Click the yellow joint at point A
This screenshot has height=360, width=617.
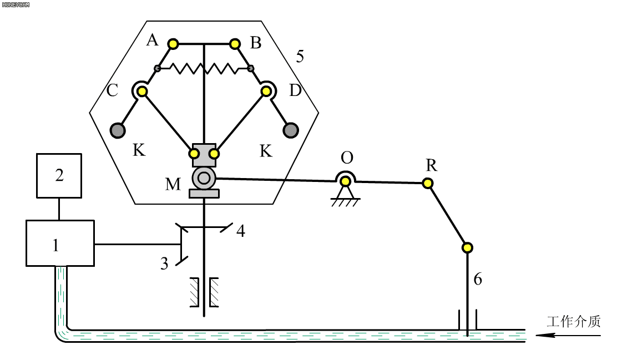coord(173,44)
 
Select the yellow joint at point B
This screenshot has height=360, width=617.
coord(235,44)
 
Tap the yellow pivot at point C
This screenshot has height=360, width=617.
coord(142,92)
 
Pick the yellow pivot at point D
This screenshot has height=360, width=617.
coord(266,92)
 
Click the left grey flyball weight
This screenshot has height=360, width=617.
coord(118,130)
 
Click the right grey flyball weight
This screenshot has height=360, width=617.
coord(291,130)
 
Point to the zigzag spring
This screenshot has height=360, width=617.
coord(204,68)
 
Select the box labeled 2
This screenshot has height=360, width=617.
coord(59,175)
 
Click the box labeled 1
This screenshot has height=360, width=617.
coord(60,243)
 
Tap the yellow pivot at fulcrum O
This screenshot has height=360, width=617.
coord(346,181)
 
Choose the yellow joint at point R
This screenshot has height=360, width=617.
coord(428,184)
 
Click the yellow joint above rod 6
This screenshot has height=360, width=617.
coord(467,248)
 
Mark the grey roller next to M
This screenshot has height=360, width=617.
coord(204,178)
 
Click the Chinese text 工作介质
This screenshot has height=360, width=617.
coord(574,321)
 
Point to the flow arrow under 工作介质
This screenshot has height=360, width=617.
coord(568,336)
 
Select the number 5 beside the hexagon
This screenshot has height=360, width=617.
coord(300,57)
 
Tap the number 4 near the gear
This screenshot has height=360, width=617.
coord(241,231)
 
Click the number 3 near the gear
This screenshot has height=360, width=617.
coord(164,263)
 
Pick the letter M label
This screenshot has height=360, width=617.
coord(173,184)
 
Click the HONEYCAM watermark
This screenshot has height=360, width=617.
coord(16,5)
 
